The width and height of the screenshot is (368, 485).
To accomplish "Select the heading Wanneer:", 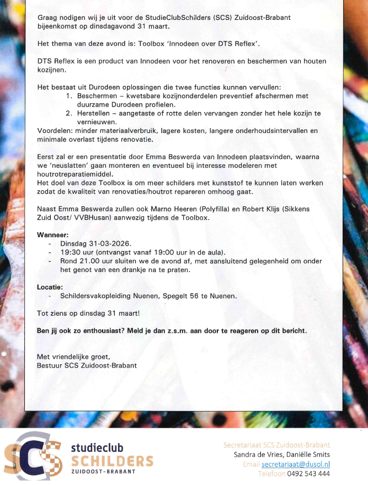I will click(x=52, y=235).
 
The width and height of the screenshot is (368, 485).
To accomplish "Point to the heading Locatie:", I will click(x=50, y=287).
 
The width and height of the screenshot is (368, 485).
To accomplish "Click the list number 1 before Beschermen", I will click(x=70, y=96).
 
